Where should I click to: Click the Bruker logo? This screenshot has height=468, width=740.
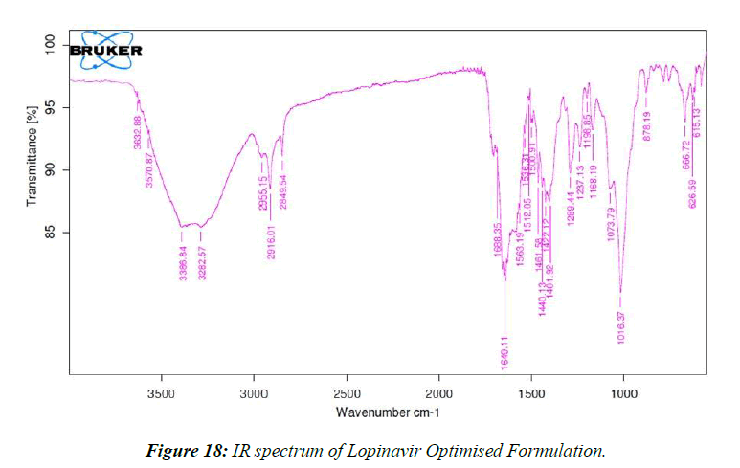pyautogui.click(x=104, y=50)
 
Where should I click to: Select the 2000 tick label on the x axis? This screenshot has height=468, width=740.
pyautogui.click(x=438, y=392)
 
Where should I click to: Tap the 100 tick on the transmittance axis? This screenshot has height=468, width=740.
pyautogui.click(x=50, y=45)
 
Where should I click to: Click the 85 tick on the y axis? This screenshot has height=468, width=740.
pyautogui.click(x=54, y=233)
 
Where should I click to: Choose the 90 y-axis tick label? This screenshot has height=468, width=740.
pyautogui.click(x=54, y=170)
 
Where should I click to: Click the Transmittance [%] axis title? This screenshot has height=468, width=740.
pyautogui.click(x=32, y=155)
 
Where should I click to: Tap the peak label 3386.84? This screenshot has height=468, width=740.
pyautogui.click(x=182, y=263)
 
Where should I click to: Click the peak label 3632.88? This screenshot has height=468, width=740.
pyautogui.click(x=138, y=132)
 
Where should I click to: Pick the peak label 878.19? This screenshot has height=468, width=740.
pyautogui.click(x=648, y=126)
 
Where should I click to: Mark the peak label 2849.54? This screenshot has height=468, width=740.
pyautogui.click(x=283, y=191)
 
